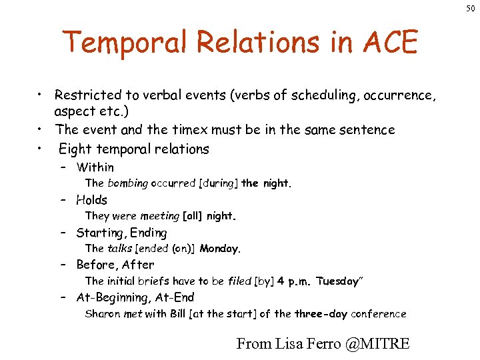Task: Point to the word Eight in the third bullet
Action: click(x=74, y=149)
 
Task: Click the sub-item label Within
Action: click(x=95, y=167)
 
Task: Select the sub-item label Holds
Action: click(x=91, y=200)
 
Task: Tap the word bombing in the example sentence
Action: click(x=127, y=183)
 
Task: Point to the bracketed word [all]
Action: click(x=193, y=216)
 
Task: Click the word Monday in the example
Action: click(x=219, y=249)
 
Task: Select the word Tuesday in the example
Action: click(x=337, y=281)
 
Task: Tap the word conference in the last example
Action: click(x=378, y=314)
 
